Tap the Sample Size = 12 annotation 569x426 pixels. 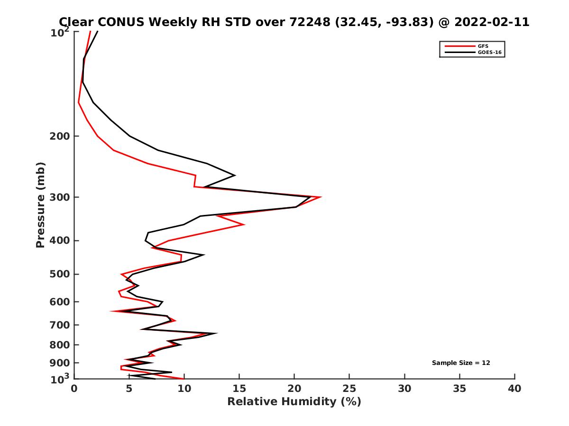click(x=461, y=363)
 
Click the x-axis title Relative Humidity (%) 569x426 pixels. click(x=294, y=402)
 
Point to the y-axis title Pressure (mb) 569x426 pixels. click(x=40, y=205)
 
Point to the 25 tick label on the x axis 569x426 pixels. click(x=349, y=389)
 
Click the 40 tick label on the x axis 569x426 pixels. click(x=514, y=389)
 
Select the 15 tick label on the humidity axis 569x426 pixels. click(x=239, y=389)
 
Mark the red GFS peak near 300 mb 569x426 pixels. click(x=321, y=197)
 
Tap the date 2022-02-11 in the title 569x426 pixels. click(x=491, y=22)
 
